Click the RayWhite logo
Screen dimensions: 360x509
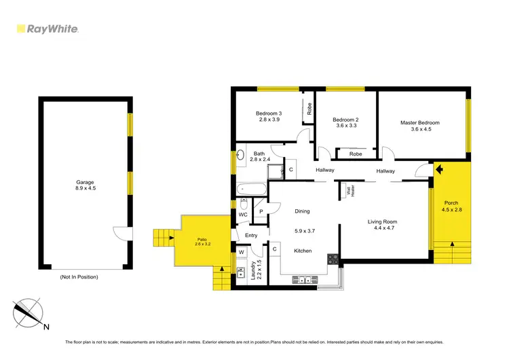(47, 29)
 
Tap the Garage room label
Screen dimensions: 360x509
(85, 182)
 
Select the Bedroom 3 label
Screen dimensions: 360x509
(269, 113)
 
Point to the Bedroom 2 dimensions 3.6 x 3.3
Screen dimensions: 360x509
(347, 126)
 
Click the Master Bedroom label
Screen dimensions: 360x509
(419, 123)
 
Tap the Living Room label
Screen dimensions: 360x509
(382, 221)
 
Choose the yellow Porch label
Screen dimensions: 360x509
(451, 203)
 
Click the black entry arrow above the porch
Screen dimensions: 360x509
(439, 169)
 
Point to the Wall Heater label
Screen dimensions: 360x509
(350, 192)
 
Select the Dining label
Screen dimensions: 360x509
(302, 211)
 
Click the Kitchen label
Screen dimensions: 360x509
(303, 251)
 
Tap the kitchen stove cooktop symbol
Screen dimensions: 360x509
(333, 259)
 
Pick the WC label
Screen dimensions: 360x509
(242, 215)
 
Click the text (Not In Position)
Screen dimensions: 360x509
(79, 277)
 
